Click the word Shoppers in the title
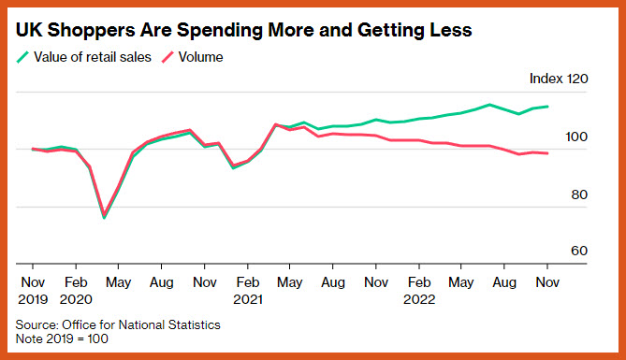tap(90, 30)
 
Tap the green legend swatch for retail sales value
tap(22, 57)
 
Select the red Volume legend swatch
tap(167, 57)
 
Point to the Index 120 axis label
tap(559, 79)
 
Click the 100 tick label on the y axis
tap(576, 137)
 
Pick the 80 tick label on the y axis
tap(579, 194)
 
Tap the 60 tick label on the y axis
tap(579, 251)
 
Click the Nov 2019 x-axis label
tap(33, 291)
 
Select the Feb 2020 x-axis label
tap(76, 291)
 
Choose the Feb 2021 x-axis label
tap(248, 291)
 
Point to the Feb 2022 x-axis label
tap(419, 291)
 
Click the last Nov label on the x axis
tap(547, 282)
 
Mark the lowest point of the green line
tap(104, 218)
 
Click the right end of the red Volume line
tap(547, 153)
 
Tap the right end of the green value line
tap(547, 107)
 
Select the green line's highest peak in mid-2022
tap(489, 105)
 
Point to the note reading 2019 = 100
tap(77, 338)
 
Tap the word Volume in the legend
tap(200, 57)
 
